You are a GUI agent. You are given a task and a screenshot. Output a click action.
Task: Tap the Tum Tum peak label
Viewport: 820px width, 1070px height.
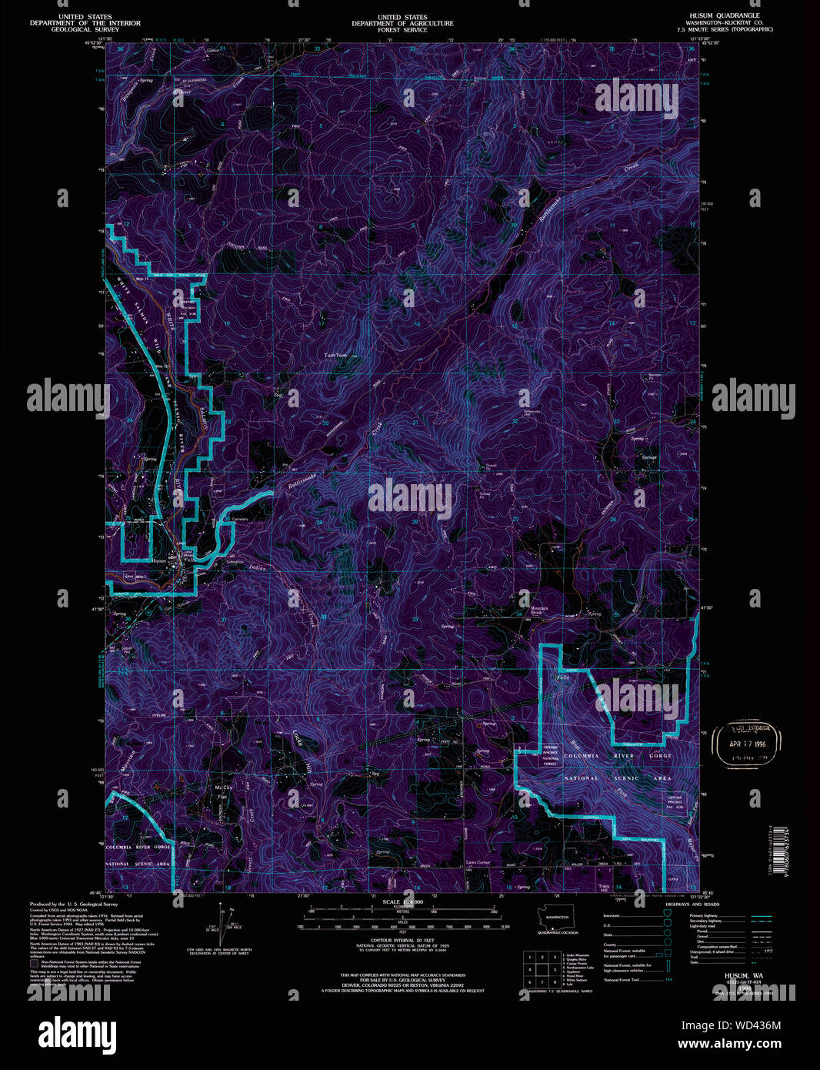pos(336,356)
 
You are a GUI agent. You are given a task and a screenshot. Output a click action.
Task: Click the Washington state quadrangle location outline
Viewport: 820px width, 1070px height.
pos(556,918)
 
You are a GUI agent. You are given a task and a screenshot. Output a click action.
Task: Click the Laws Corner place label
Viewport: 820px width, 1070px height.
pos(477,863)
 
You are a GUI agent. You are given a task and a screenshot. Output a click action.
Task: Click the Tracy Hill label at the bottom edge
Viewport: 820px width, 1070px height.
pos(604,888)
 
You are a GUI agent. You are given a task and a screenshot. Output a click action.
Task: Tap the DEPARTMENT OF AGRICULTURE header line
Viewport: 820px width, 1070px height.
pos(402,24)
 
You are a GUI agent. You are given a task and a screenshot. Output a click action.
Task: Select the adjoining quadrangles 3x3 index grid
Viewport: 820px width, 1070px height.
pos(541,969)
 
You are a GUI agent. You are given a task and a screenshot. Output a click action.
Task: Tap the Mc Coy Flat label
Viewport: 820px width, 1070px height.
pos(223,791)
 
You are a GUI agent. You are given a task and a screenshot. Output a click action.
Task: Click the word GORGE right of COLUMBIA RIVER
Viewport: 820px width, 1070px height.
pos(660,756)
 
